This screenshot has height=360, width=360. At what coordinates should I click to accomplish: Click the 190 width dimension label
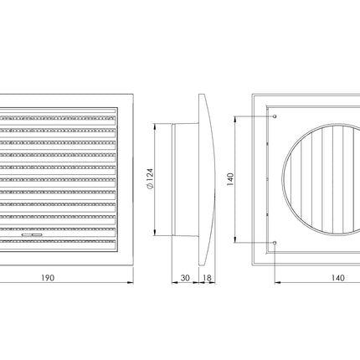(48, 278)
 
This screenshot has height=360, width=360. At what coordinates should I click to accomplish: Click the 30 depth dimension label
(185, 278)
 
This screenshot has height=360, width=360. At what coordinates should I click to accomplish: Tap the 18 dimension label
(207, 278)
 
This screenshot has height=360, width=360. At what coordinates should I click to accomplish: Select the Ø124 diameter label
(150, 178)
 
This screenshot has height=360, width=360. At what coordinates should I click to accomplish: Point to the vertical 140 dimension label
(230, 179)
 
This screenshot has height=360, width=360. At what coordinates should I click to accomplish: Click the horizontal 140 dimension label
(338, 278)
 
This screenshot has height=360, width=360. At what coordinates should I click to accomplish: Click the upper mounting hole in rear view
(275, 116)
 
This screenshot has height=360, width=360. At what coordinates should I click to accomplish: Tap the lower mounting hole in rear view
(275, 243)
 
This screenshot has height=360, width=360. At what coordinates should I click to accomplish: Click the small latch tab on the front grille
(32, 235)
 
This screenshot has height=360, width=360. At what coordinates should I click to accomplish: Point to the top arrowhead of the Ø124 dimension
(155, 126)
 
